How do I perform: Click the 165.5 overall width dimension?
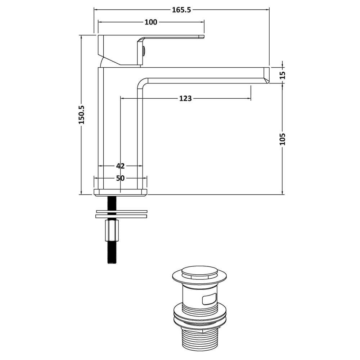click(x=181, y=10)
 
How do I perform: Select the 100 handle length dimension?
click(x=151, y=22)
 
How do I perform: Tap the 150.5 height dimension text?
click(x=82, y=114)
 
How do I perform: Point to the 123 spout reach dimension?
click(x=185, y=99)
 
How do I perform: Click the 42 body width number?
click(x=120, y=166)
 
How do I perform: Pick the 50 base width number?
click(x=120, y=178)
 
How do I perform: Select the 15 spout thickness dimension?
click(x=283, y=75)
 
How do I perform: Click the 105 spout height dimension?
click(x=283, y=139)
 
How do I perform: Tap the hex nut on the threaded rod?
click(x=112, y=230)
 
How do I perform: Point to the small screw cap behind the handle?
click(x=144, y=50)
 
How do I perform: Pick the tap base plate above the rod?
click(x=120, y=193)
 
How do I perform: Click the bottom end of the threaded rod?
click(x=112, y=264)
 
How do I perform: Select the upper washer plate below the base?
click(x=122, y=211)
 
